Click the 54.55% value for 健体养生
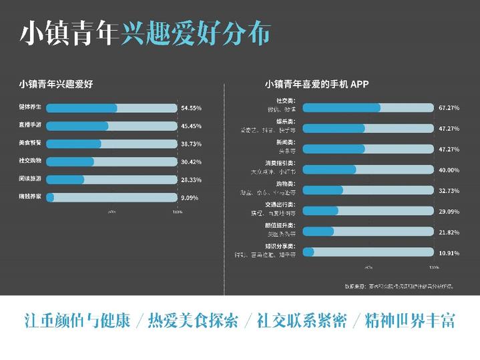(191, 108)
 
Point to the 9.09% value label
(190, 198)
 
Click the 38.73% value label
(191, 144)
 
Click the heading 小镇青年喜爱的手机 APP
(316, 84)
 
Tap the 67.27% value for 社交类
(449, 108)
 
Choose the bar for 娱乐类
(369, 128)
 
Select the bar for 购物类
(369, 190)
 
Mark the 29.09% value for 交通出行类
(449, 211)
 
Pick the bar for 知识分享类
(369, 252)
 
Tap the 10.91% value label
(449, 252)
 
